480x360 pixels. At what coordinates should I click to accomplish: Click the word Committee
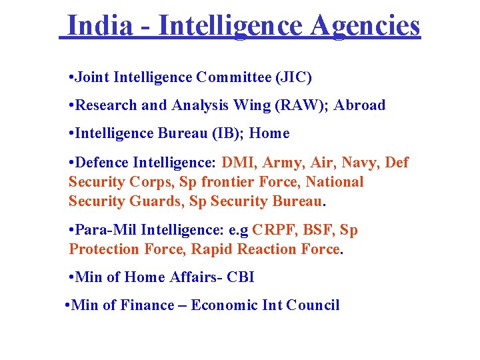point(233,77)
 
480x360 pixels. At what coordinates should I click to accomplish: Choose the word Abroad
point(360,105)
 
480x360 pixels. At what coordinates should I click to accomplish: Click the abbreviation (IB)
point(225,133)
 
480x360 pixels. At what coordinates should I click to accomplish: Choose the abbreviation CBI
point(240,277)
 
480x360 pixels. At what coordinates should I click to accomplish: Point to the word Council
point(313,305)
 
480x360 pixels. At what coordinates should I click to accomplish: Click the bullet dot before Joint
point(71,78)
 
